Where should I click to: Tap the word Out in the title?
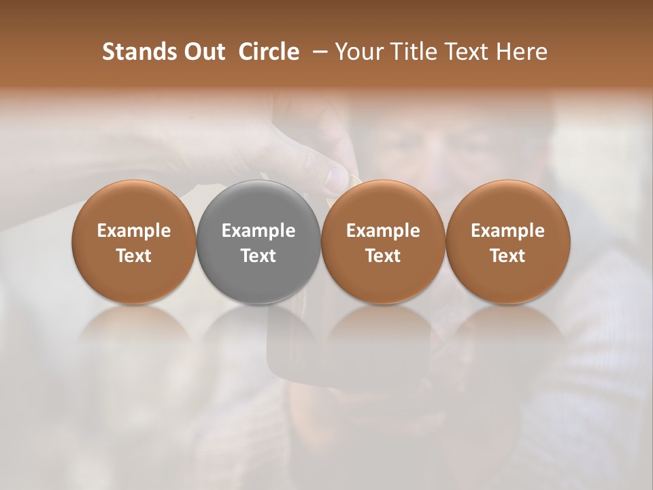[202, 52]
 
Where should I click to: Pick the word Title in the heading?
[412, 52]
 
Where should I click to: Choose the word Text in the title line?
[465, 52]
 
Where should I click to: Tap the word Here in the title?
[520, 52]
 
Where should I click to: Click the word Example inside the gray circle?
[258, 231]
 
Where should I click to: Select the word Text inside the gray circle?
[258, 256]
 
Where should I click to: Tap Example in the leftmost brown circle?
[134, 231]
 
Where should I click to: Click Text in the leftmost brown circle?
[134, 256]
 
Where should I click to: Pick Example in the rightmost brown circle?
[507, 231]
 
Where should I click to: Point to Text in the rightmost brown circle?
[507, 256]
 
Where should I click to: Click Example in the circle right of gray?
[383, 231]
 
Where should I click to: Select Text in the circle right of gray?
[383, 256]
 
